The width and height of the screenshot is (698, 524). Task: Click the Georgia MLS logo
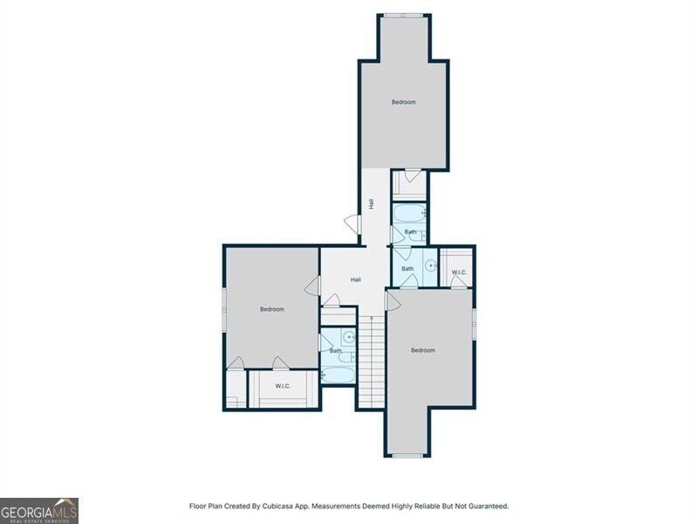click(x=39, y=511)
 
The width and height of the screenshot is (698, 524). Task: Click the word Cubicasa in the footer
click(x=276, y=507)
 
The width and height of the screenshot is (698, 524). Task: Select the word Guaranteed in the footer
click(x=489, y=507)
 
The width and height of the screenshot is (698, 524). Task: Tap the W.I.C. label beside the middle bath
click(x=459, y=272)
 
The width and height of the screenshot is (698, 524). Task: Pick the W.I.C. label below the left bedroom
click(x=283, y=386)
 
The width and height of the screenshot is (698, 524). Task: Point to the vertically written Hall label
click(x=371, y=203)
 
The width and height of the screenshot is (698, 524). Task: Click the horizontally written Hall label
click(x=356, y=279)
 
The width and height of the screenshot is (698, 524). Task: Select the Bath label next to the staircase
click(x=335, y=351)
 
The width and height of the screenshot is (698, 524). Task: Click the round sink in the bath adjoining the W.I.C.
click(x=430, y=265)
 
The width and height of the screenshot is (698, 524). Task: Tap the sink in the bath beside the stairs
click(x=350, y=337)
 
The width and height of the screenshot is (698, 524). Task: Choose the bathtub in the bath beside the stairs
click(x=338, y=375)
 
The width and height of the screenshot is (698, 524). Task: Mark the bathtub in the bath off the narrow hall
click(x=409, y=213)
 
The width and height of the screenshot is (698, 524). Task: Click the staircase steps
click(x=372, y=362)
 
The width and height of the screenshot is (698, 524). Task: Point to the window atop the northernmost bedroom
click(x=404, y=16)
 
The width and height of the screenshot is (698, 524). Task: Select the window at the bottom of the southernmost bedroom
click(x=407, y=455)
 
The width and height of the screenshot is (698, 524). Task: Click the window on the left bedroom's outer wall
click(x=224, y=310)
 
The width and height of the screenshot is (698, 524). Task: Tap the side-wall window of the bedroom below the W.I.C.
click(x=475, y=324)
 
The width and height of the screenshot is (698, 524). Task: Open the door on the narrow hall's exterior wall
click(x=354, y=224)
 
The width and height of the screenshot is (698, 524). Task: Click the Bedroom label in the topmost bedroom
click(x=404, y=102)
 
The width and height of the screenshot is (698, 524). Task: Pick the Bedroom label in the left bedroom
click(x=272, y=309)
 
